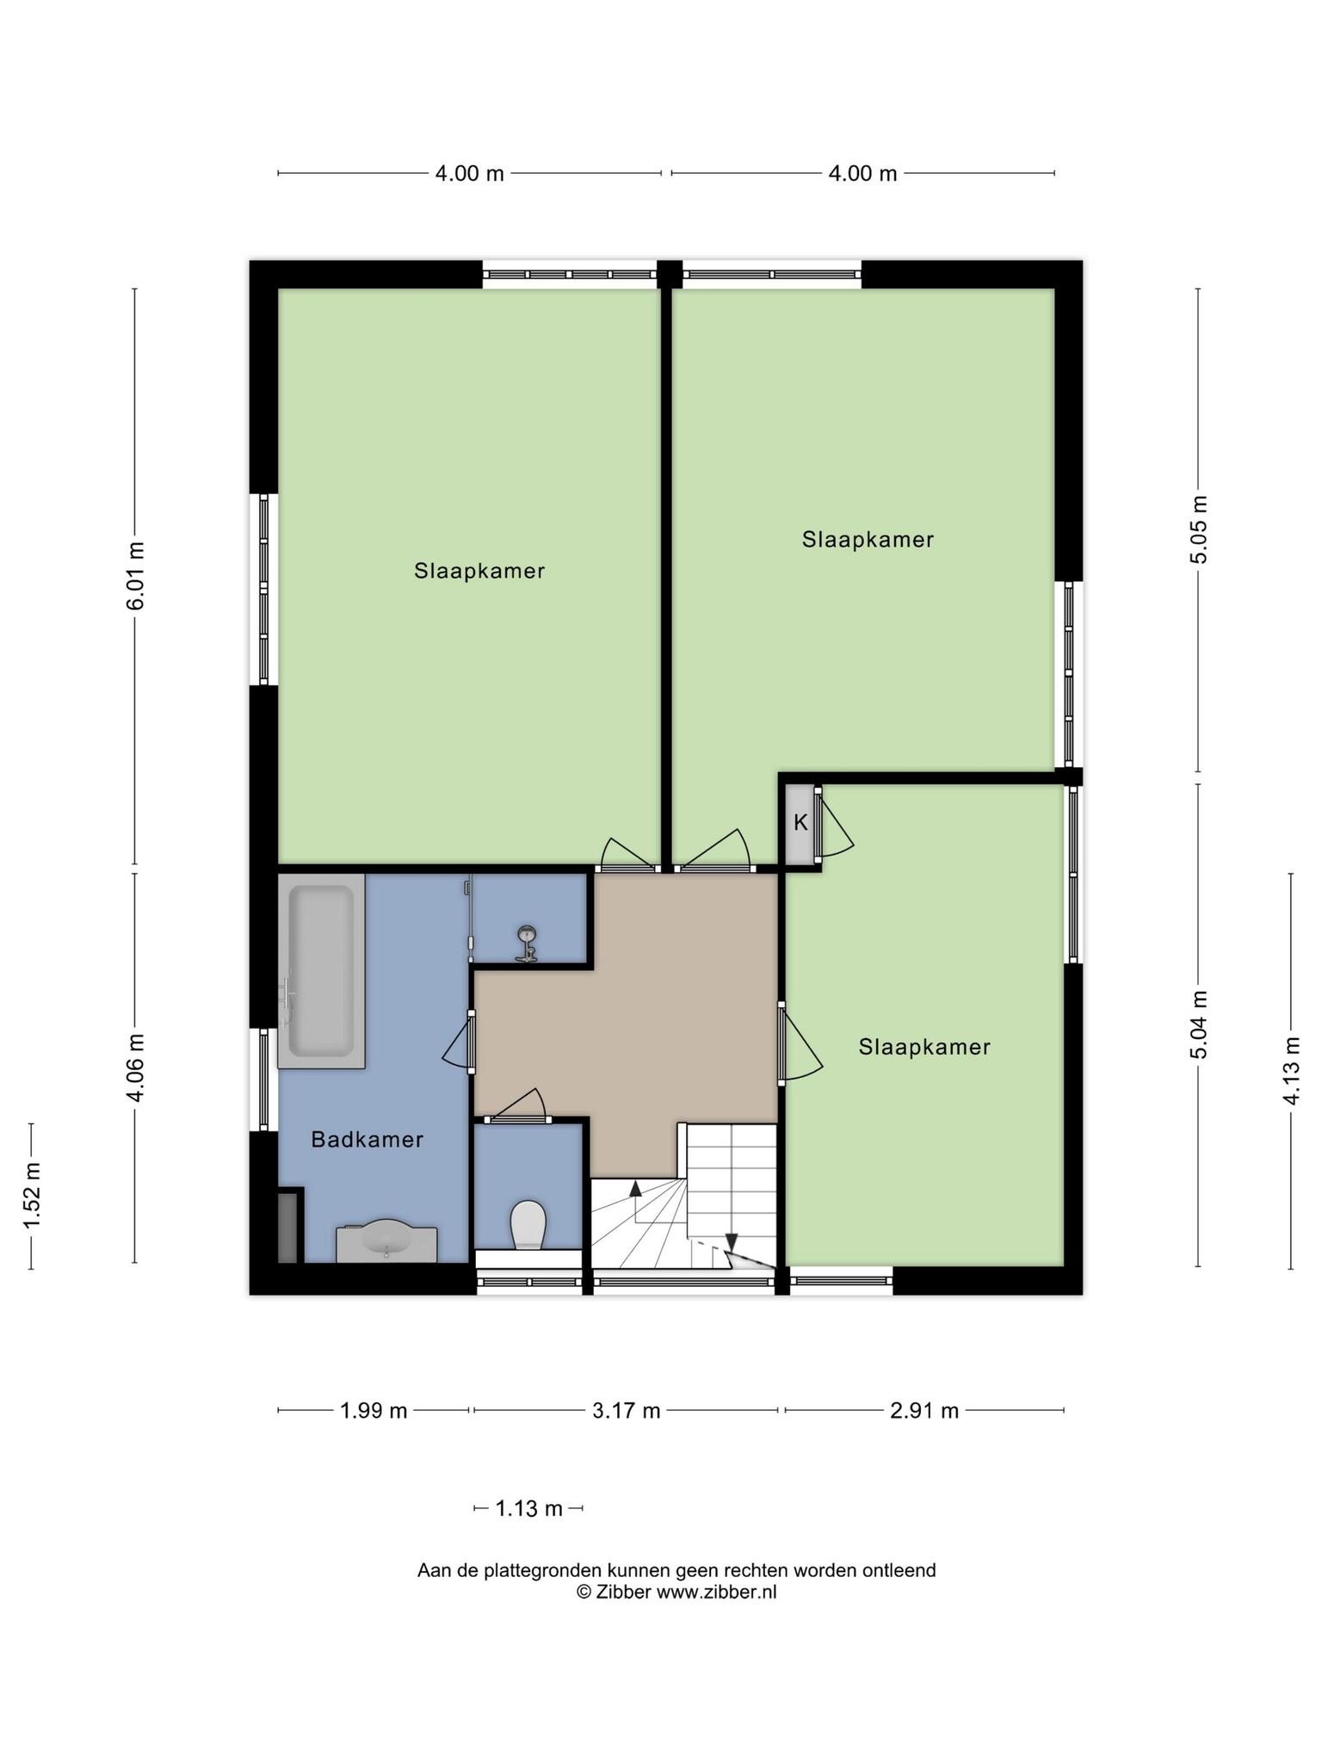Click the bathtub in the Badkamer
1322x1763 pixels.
(x=321, y=971)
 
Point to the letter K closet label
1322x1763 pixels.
(x=800, y=823)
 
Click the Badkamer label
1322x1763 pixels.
(x=368, y=1140)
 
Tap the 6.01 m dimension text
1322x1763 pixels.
(x=135, y=576)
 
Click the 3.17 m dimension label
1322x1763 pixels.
(x=627, y=1410)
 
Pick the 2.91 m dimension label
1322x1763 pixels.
(x=924, y=1410)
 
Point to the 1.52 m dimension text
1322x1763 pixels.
(x=32, y=1196)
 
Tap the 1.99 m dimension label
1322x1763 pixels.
(x=374, y=1410)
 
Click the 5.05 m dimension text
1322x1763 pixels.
(x=1199, y=530)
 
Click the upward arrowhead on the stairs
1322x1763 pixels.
(x=635, y=1189)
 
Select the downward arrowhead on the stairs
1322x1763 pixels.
(x=732, y=1242)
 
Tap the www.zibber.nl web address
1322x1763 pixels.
(x=716, y=1592)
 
